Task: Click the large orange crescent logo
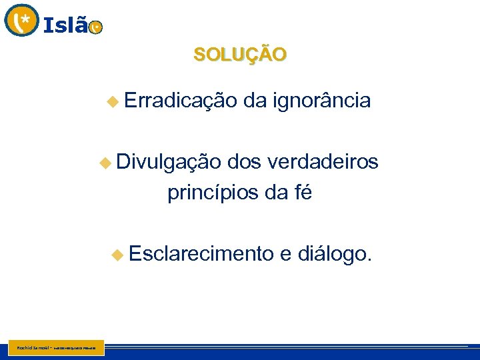[21, 20]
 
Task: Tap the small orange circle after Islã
[96, 27]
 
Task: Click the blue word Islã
[65, 25]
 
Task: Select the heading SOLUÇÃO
[240, 54]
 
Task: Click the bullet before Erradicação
[112, 101]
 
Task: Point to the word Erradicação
[180, 101]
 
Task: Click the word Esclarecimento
[201, 254]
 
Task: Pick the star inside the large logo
[25, 19]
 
